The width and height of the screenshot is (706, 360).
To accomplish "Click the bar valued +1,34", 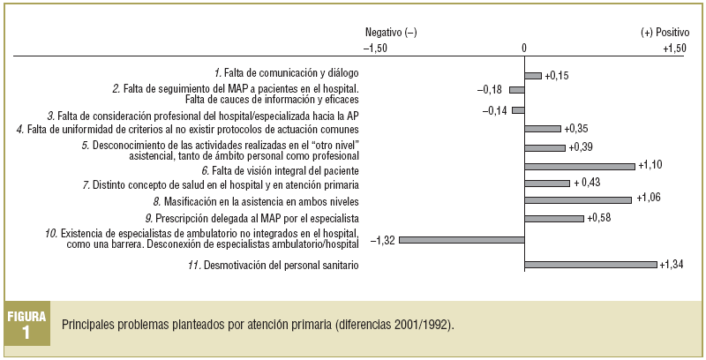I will coord(590,265).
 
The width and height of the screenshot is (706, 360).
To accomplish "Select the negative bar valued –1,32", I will coord(462,239).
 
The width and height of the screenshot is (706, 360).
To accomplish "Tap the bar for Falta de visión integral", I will coord(579,166).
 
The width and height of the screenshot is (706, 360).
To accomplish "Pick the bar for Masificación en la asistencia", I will coord(577,200).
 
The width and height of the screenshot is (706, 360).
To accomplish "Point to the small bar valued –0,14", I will coord(518,110).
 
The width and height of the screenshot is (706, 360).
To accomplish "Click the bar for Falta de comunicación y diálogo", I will coord(532,75).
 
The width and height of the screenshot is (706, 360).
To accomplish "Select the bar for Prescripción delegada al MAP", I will coord(553,218).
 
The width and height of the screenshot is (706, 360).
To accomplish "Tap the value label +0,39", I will coord(581,146).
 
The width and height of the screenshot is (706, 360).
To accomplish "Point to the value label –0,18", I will coord(490,89).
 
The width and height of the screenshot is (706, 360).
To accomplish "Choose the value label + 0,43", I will coord(588,183).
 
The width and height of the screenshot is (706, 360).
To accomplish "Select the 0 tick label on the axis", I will coord(524,48).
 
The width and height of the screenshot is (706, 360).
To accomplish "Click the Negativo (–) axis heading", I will coord(391,33).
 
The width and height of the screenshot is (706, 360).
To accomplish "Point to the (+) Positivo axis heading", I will coord(663,33).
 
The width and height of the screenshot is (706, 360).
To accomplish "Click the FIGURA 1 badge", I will coord(27,325).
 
